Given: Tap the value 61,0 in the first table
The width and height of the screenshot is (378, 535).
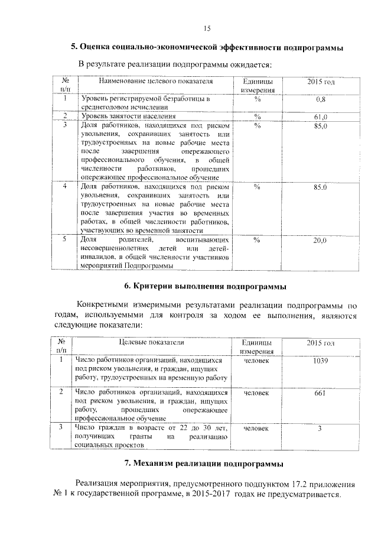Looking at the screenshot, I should [x=320, y=116].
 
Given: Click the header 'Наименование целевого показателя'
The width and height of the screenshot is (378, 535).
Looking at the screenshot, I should [x=155, y=81].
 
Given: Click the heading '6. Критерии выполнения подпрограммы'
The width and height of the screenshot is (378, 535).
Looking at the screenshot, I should [x=206, y=287].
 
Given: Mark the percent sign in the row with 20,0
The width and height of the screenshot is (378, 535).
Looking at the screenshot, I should [x=257, y=240].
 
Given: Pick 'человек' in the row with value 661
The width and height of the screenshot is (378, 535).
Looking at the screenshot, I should [x=256, y=393].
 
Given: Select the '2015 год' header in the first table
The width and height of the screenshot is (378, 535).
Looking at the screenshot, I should [x=321, y=81].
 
